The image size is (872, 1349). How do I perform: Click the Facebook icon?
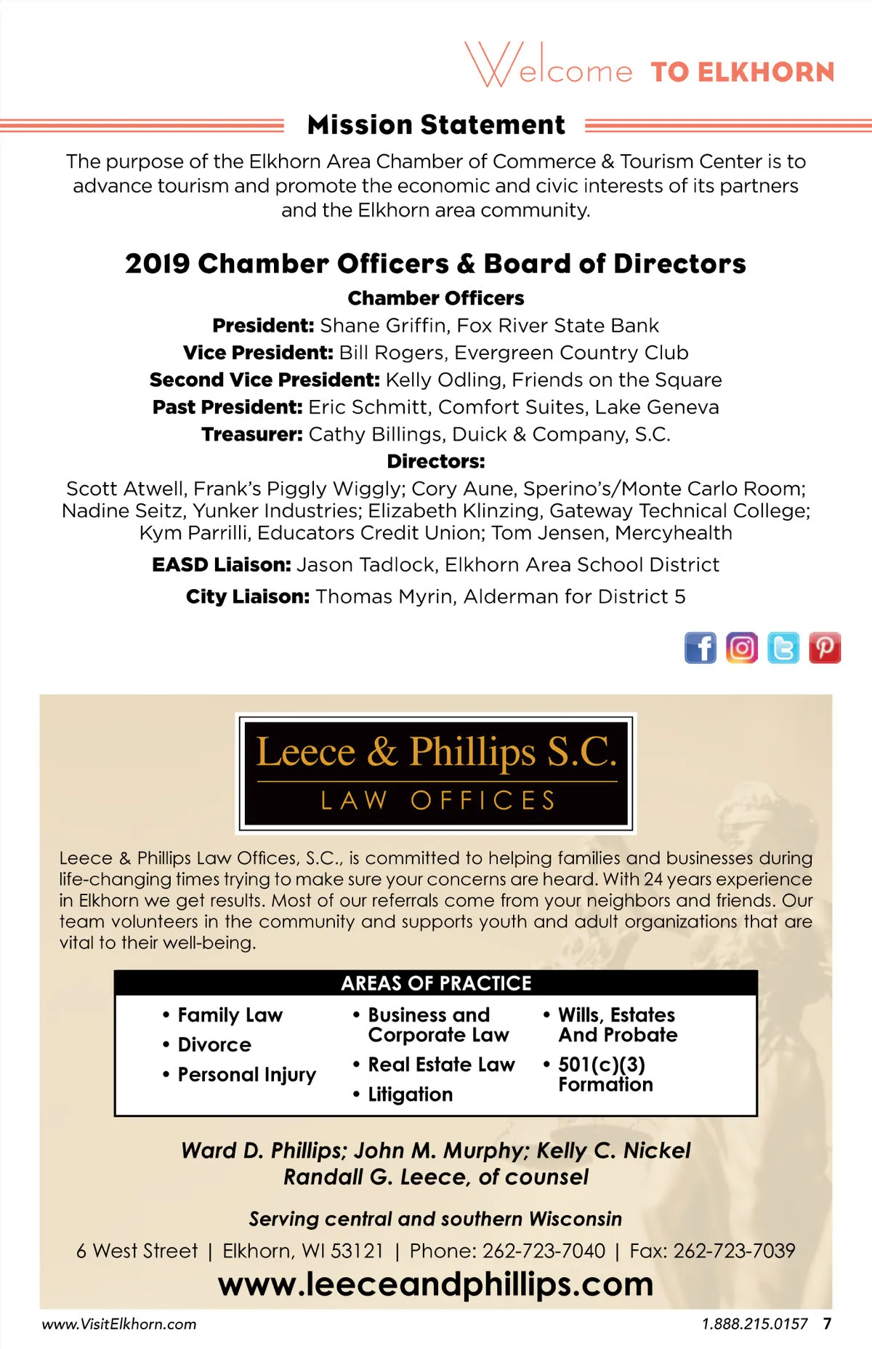point(700,647)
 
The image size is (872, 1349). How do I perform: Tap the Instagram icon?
point(741,647)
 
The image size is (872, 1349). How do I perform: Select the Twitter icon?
point(783,647)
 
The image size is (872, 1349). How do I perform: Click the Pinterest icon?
point(825,647)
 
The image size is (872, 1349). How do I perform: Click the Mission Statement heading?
point(436,125)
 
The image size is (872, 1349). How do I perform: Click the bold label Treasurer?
point(251,434)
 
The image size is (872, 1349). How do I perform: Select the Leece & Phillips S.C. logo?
point(436,772)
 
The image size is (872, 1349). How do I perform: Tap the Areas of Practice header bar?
point(436,983)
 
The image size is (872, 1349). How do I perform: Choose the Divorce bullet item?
point(214,1044)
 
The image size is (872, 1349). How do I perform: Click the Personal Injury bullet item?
point(246,1075)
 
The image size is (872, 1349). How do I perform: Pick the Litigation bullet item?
point(410,1094)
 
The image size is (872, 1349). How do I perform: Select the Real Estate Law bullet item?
point(441,1065)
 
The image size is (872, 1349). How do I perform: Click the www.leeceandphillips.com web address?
point(436,1284)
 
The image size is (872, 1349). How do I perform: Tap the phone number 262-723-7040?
point(544,1251)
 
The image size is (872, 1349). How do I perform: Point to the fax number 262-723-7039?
point(734,1251)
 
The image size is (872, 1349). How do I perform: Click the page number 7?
point(827,1324)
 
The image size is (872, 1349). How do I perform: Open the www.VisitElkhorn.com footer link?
point(119,1324)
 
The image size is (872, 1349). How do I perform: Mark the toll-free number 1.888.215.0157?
point(754,1324)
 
